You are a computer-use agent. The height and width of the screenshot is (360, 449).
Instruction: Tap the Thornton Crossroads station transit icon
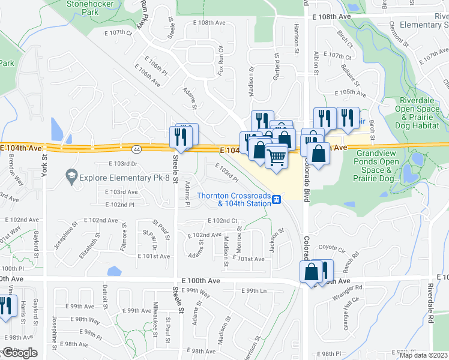pyautogui.click(x=277, y=200)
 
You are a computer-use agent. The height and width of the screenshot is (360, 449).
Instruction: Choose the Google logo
pyautogui.click(x=20, y=353)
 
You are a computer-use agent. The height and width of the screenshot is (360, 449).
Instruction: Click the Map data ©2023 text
pyautogui.click(x=423, y=355)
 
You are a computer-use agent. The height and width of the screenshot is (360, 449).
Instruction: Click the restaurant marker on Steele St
pyautogui.click(x=180, y=137)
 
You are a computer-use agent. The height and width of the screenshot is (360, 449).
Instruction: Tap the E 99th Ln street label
pyautogui.click(x=254, y=290)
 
